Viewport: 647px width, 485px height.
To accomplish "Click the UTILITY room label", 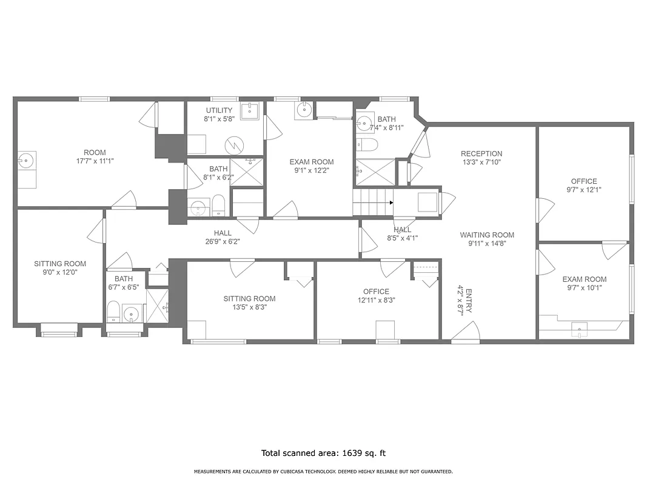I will pyautogui.click(x=219, y=110).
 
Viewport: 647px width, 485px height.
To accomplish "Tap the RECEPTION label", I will pyautogui.click(x=481, y=154).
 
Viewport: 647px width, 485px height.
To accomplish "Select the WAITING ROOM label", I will pyautogui.click(x=487, y=235).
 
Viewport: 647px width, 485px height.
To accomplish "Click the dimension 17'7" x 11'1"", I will pyautogui.click(x=95, y=161).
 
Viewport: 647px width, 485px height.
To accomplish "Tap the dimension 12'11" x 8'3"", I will pyautogui.click(x=376, y=300).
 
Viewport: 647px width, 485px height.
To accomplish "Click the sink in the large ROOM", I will pyautogui.click(x=26, y=161).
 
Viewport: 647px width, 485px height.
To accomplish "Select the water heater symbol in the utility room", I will pyautogui.click(x=233, y=145).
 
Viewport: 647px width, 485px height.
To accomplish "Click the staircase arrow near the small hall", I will pyautogui.click(x=392, y=202).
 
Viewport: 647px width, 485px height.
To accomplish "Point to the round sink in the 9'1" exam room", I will pyautogui.click(x=303, y=110).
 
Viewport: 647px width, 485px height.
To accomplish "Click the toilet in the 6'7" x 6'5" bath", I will pyautogui.click(x=113, y=312).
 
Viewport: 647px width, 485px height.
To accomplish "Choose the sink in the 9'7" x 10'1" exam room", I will pyautogui.click(x=580, y=330).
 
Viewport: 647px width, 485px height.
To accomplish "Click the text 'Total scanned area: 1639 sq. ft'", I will pyautogui.click(x=323, y=453).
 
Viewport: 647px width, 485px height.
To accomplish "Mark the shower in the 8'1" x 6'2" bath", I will pyautogui.click(x=246, y=172).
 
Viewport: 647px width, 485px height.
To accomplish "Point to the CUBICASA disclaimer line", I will pyautogui.click(x=323, y=472).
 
